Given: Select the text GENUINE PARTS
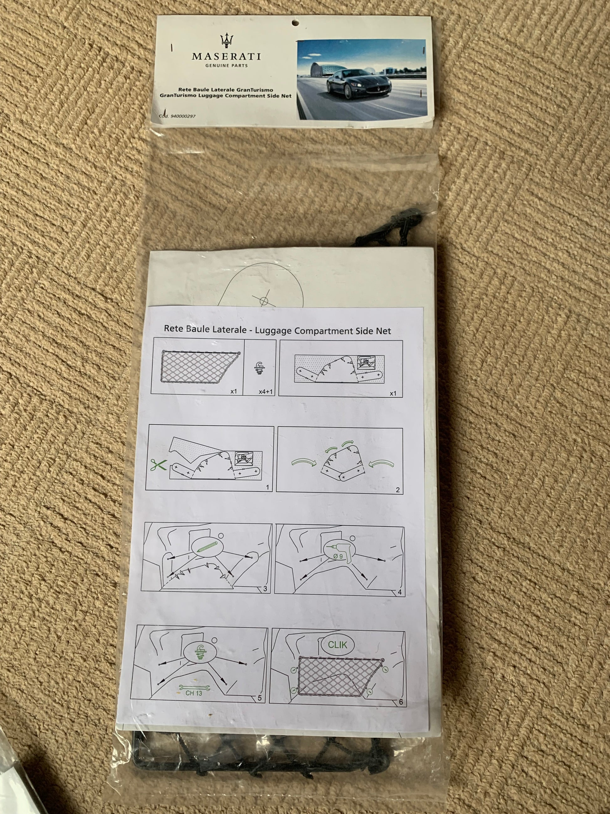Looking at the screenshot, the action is (227, 66).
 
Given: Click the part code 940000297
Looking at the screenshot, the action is (183, 116).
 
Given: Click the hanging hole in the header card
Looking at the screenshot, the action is (295, 23).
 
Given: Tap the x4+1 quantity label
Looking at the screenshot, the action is (266, 391).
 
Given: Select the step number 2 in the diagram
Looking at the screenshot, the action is (397, 490).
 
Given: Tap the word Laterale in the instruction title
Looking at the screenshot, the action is (228, 329).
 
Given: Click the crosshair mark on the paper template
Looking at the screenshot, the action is (264, 301).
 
